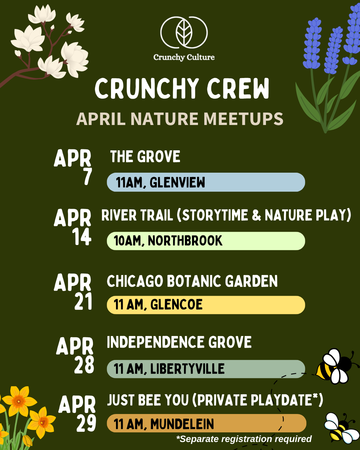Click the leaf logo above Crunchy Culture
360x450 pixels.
click(184, 33)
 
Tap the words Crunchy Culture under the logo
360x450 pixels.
click(184, 57)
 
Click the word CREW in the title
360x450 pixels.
click(238, 89)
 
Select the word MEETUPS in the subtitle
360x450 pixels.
click(243, 119)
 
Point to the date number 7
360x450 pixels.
click(87, 177)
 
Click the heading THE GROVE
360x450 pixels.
click(145, 157)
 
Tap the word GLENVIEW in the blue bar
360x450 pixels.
click(177, 183)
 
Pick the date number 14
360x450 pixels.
click(82, 237)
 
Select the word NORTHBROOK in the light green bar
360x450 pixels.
click(185, 241)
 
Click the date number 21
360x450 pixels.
click(83, 302)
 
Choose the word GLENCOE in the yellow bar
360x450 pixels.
click(176, 305)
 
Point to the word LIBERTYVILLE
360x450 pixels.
click(187, 369)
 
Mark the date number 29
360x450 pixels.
click(86, 424)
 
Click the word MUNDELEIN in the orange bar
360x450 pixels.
click(182, 424)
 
